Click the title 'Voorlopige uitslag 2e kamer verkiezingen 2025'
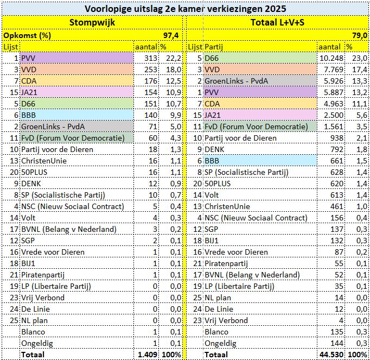tap(184, 9)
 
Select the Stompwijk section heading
tap(93, 22)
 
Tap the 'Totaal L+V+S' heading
tap(277, 22)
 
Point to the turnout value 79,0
tap(356, 35)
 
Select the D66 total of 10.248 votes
tap(329, 58)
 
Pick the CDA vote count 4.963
tap(331, 104)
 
